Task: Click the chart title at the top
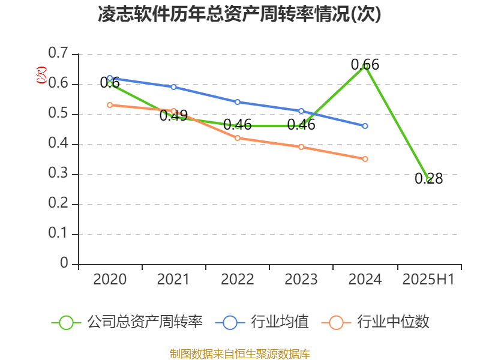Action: click(x=240, y=14)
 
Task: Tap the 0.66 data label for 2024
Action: click(x=365, y=64)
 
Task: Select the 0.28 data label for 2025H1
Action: click(x=428, y=178)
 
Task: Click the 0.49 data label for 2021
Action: click(x=173, y=116)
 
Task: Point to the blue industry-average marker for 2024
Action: click(x=365, y=126)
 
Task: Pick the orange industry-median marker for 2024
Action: click(x=365, y=159)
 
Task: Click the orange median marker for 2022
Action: click(x=238, y=138)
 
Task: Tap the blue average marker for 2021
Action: click(x=173, y=87)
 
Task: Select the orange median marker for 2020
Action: click(x=110, y=105)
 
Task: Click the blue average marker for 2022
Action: click(x=238, y=102)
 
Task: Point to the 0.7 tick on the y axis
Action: click(x=59, y=54)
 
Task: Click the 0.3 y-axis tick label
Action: click(x=59, y=174)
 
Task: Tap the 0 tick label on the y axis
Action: click(x=64, y=264)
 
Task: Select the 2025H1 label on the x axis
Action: click(x=428, y=279)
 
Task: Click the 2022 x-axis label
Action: click(x=238, y=279)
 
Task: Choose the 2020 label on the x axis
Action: click(x=110, y=279)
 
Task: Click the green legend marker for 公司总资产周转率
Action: click(x=66, y=322)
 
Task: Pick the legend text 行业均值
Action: click(x=280, y=322)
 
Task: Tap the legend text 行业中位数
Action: click(x=393, y=322)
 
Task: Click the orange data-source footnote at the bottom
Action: click(x=240, y=353)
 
